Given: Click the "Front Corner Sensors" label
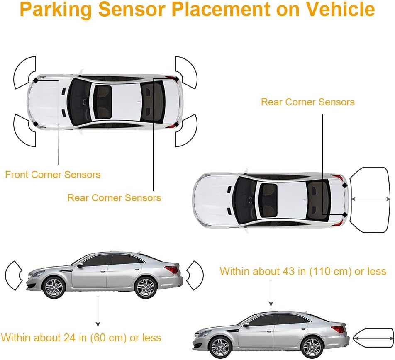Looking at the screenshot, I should (x=53, y=175).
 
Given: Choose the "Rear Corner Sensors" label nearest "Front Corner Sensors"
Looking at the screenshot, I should (x=114, y=198).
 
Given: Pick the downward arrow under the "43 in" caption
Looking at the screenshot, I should (x=271, y=293).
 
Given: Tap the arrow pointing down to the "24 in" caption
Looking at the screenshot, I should (x=98, y=311).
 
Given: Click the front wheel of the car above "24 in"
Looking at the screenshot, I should (x=54, y=287).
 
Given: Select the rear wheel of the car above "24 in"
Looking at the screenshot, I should (x=145, y=287).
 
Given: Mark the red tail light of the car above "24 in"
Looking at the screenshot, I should (x=171, y=270).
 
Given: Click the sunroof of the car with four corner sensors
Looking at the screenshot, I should (x=102, y=102).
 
